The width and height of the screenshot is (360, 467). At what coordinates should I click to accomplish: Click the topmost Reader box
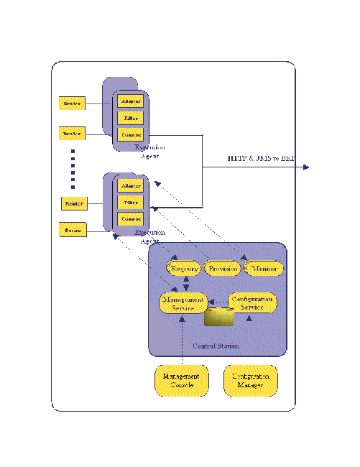click(72, 103)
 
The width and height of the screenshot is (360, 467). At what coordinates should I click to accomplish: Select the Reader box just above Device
click(73, 203)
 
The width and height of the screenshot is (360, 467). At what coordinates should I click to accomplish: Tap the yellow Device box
click(72, 230)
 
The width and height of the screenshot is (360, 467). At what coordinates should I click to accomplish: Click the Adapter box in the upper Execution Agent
click(131, 101)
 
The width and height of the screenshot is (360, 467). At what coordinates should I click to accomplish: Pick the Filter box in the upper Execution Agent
click(131, 118)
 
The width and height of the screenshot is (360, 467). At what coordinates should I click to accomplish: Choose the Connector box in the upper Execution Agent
click(131, 134)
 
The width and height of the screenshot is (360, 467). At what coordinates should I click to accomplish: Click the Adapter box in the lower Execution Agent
click(130, 185)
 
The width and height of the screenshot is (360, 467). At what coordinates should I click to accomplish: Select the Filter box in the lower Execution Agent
click(130, 203)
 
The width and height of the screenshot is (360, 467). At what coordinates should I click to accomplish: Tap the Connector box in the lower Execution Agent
click(130, 218)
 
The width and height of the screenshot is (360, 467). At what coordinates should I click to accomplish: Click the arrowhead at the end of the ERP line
click(306, 167)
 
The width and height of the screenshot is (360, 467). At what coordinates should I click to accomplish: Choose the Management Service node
click(183, 302)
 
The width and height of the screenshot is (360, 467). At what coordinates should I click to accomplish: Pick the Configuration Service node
click(252, 302)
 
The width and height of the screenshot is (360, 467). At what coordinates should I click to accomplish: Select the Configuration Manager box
click(251, 380)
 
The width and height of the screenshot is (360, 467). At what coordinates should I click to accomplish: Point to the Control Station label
click(216, 346)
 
